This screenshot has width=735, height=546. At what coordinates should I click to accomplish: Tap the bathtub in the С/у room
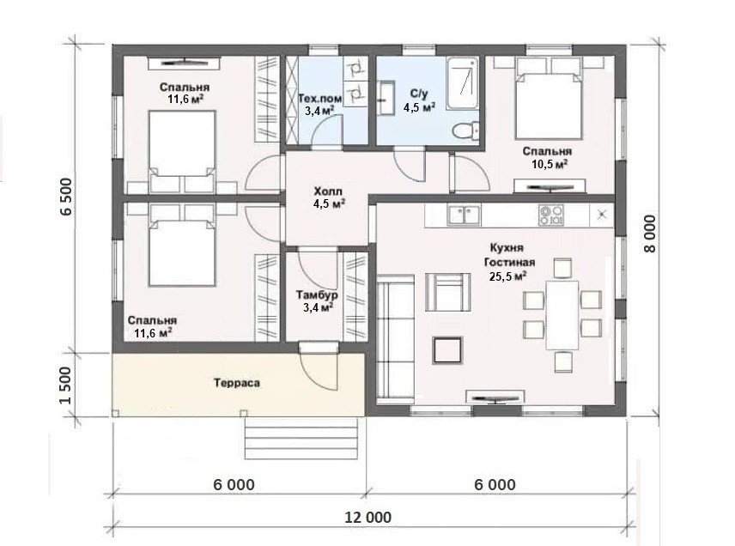(x=463, y=84)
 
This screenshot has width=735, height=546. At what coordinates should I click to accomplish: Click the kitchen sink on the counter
(x=464, y=215)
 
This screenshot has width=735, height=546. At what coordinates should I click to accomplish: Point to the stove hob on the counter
(x=551, y=215)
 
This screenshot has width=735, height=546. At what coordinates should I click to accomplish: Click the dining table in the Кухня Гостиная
(x=562, y=314)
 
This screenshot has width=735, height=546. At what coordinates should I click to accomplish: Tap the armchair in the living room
(x=447, y=292)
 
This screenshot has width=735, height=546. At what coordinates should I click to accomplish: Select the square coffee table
(x=447, y=350)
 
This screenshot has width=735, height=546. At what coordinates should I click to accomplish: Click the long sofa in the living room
(x=395, y=336)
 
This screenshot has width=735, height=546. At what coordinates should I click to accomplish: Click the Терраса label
(x=237, y=383)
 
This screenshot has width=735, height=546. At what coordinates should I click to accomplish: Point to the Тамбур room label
(x=317, y=295)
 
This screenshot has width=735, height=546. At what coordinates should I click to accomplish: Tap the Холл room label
(x=328, y=191)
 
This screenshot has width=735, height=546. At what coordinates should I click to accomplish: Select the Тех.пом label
(x=320, y=99)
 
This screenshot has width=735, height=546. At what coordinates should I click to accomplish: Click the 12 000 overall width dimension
(x=368, y=518)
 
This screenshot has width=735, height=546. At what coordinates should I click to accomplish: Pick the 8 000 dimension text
(x=650, y=234)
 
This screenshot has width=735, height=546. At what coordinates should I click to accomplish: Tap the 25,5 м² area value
(x=507, y=276)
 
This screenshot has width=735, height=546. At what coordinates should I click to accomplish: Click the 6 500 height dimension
(x=66, y=196)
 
